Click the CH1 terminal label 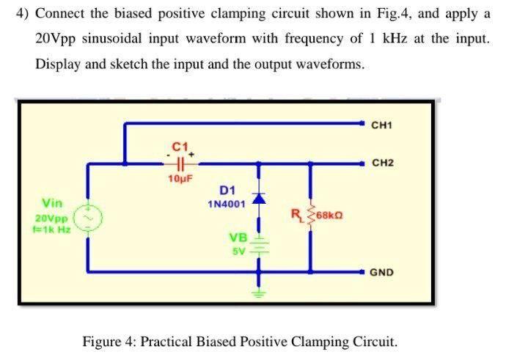tap(382, 125)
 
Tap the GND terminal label tap(381, 272)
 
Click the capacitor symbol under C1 tap(180, 164)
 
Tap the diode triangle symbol tap(257, 199)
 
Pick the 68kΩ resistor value tap(329, 216)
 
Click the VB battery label tap(238, 238)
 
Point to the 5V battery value tap(238, 251)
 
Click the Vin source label tap(52, 202)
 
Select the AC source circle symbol tap(88, 217)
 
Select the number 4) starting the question tap(22, 14)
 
